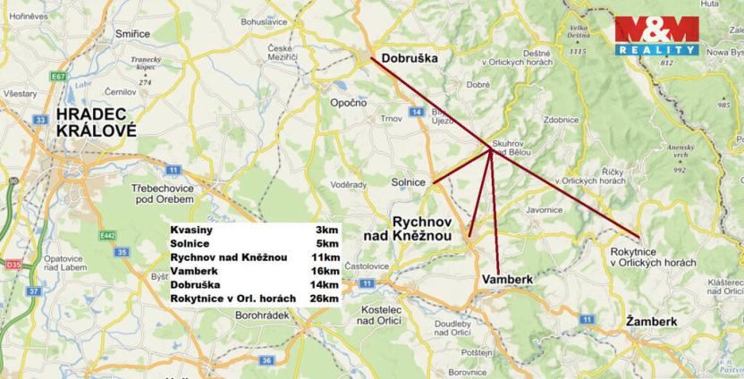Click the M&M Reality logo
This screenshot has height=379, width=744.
coord(656,37)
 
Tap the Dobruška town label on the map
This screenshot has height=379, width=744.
coord(409,59)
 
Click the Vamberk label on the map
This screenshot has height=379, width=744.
coord(507,280)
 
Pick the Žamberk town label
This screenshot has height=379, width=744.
coord(651,321)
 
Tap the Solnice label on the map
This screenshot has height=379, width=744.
coord(408,182)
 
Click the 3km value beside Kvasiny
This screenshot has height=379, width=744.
coord(326,230)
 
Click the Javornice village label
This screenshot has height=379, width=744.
coord(545,211)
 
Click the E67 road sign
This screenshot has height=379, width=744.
coord(59,77)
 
